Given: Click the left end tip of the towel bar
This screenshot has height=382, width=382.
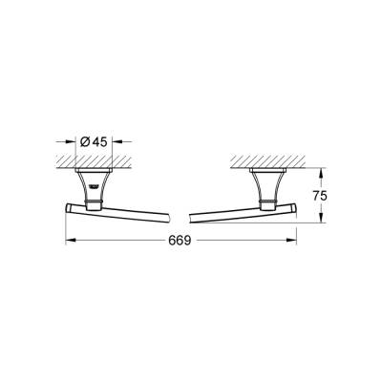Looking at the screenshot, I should pyautogui.click(x=68, y=207).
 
